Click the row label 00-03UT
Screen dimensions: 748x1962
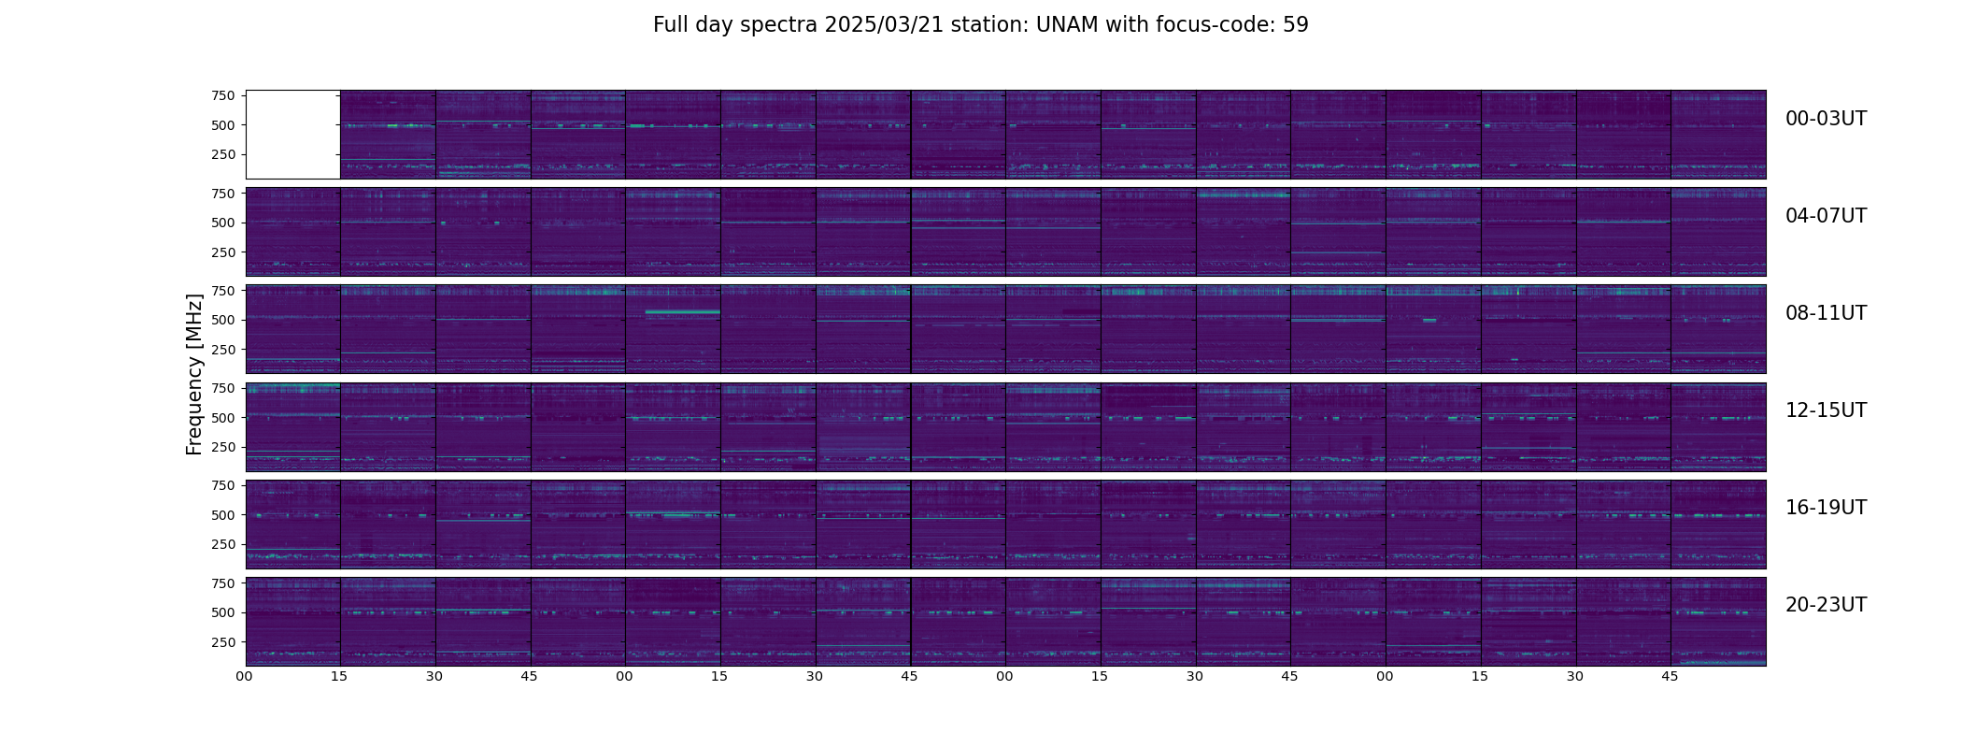(x=1826, y=119)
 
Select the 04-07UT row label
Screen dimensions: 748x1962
(x=1826, y=216)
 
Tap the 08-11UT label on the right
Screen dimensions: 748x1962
(x=1826, y=313)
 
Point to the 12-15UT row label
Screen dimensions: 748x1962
(x=1826, y=410)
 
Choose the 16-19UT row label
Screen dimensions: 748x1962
(x=1826, y=508)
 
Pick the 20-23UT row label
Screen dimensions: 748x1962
(x=1826, y=605)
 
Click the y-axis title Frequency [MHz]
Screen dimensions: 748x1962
(x=194, y=374)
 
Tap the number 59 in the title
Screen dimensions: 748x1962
(x=1296, y=25)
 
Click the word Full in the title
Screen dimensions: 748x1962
(x=671, y=25)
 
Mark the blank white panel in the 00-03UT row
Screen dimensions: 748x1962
(x=292, y=135)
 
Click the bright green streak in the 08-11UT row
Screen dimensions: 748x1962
(x=682, y=311)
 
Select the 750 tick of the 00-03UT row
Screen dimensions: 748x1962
(x=222, y=95)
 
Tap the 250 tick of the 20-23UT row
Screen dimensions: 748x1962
(x=222, y=642)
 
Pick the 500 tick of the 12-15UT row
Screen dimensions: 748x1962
(x=222, y=418)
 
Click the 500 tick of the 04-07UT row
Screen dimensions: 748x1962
(x=222, y=223)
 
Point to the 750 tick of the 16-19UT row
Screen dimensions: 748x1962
(x=222, y=485)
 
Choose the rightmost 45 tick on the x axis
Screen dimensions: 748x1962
(x=1670, y=676)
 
